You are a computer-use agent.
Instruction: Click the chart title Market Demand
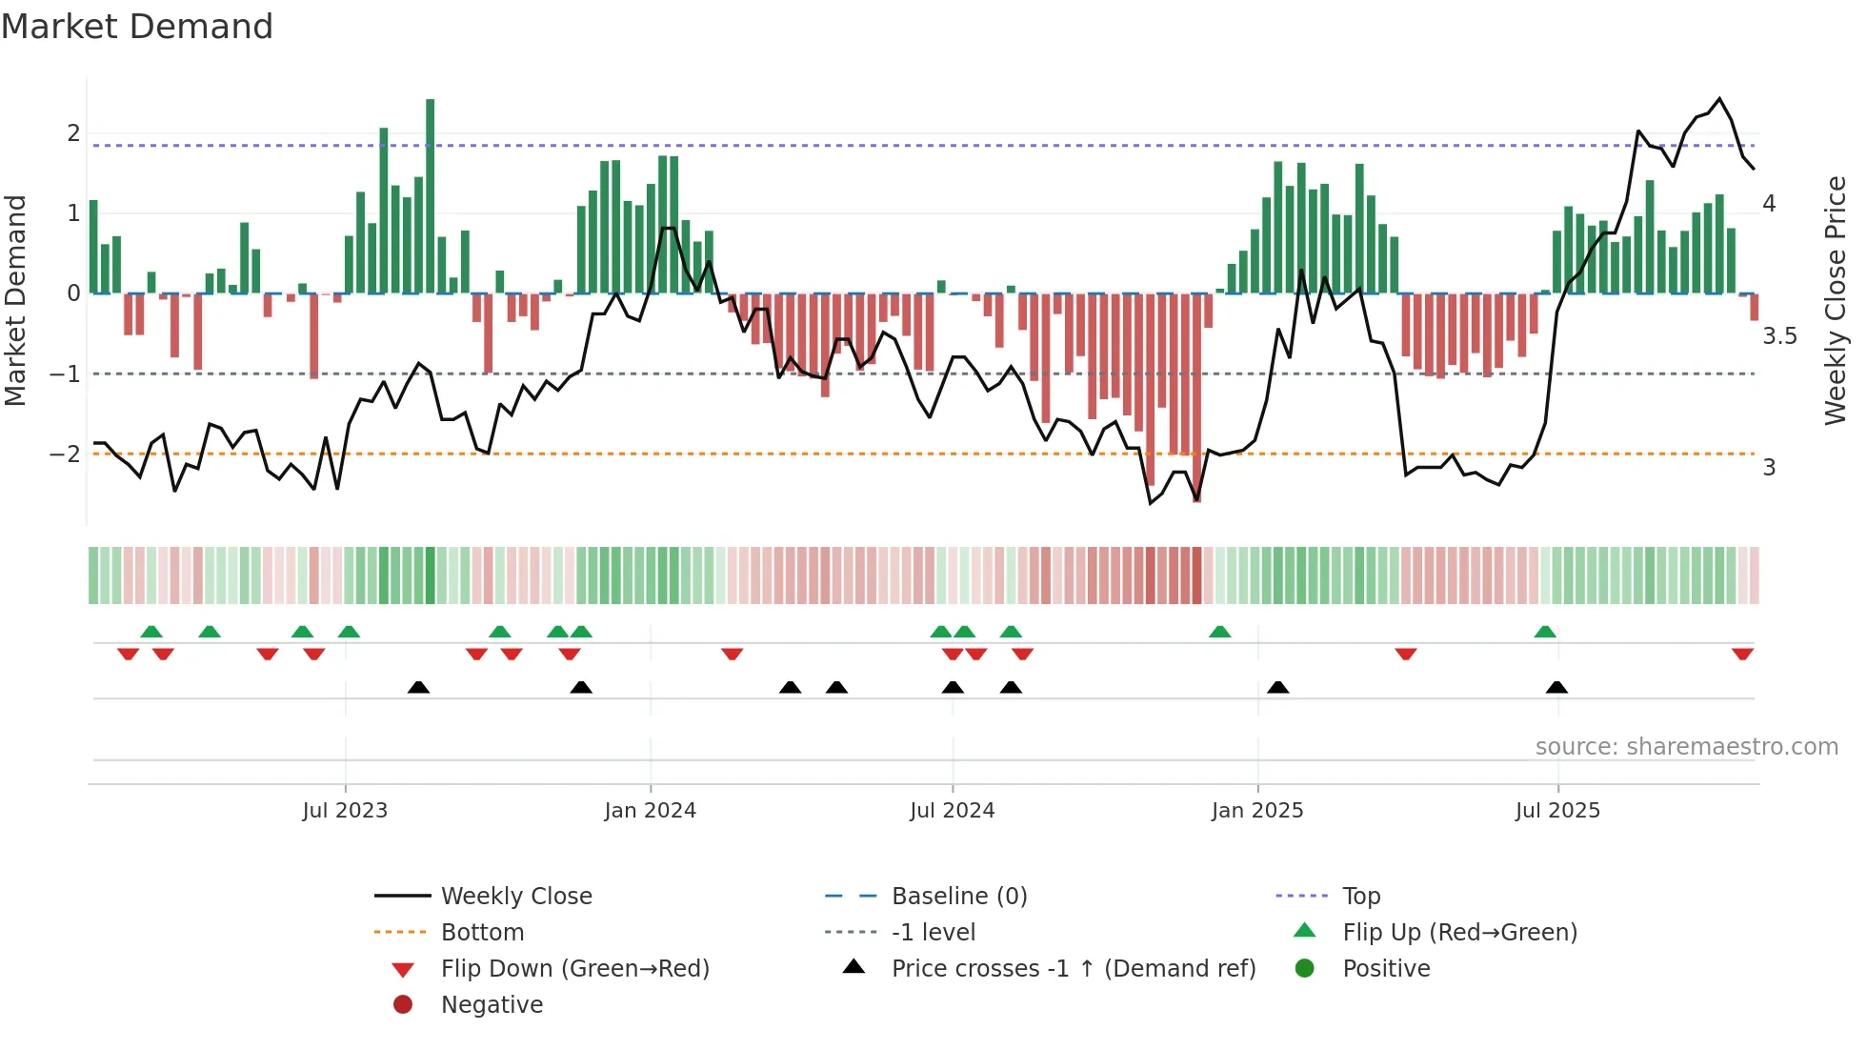pos(137,27)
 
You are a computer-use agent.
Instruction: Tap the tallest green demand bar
pos(431,195)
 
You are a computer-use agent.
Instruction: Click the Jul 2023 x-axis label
pos(345,811)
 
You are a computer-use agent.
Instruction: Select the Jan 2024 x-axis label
pos(651,811)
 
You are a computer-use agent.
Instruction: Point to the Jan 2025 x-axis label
pos(1257,811)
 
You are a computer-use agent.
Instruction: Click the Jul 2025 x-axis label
pos(1558,811)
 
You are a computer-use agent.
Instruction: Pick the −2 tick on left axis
pos(65,454)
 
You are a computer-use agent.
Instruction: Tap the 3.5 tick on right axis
pos(1779,336)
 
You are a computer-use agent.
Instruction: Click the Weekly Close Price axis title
pos(1836,300)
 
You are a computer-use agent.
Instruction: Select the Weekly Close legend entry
pos(515,897)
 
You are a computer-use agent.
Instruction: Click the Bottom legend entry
pos(482,933)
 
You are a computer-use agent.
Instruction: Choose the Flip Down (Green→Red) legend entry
pos(574,969)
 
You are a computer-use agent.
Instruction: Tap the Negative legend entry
pos(492,1005)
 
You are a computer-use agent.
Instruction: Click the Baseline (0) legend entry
pos(958,897)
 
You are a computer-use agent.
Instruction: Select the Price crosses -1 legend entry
pos(1073,969)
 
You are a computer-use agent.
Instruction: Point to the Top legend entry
pos(1361,897)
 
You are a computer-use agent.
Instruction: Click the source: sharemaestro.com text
pos(1686,747)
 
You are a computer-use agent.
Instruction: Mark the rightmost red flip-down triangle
pos(1742,655)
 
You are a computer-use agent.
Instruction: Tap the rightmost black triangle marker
pos(1556,687)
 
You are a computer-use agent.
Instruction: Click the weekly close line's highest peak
pos(1719,99)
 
